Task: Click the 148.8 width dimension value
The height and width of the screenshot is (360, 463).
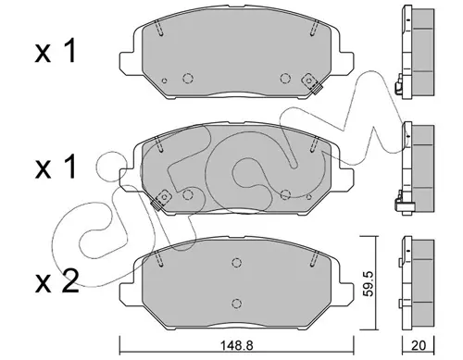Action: tap(237, 345)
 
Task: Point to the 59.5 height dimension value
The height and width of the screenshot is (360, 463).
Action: tap(369, 283)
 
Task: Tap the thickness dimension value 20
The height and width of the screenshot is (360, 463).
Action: tap(419, 345)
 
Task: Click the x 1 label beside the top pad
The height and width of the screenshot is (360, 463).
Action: tap(56, 52)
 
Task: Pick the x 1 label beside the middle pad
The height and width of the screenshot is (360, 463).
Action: tap(56, 167)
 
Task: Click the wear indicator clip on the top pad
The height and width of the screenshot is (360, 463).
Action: tap(311, 83)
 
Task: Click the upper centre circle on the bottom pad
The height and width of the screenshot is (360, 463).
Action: tap(236, 263)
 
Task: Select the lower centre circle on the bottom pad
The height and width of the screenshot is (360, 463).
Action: tap(236, 303)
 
